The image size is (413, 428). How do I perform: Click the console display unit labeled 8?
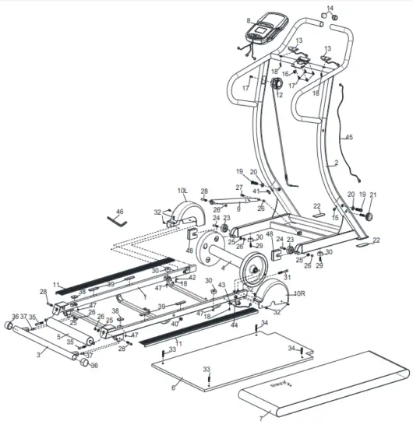pyautogui.click(x=266, y=28)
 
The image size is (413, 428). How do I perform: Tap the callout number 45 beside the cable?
pyautogui.click(x=349, y=138)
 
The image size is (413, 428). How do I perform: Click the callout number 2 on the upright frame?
pyautogui.click(x=336, y=164)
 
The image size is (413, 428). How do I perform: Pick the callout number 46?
pyautogui.click(x=119, y=211)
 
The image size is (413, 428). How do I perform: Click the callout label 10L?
pyautogui.click(x=183, y=189)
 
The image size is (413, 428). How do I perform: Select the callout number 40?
pyautogui.click(x=174, y=323)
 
